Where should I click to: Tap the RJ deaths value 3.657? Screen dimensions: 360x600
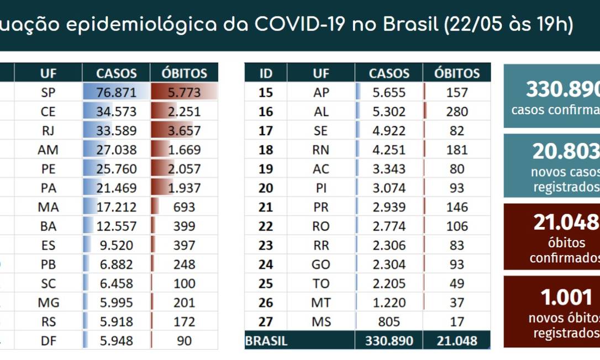point(185,131)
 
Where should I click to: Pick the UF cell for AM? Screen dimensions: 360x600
point(49,150)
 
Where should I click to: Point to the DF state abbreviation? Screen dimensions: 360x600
point(49,341)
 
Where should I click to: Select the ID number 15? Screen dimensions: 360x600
point(266,93)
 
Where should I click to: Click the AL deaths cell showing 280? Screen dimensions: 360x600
point(457,112)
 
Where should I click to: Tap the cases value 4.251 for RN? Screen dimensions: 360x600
point(389,150)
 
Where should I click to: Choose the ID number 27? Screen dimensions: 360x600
point(266,322)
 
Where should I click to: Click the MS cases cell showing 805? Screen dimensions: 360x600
point(389,322)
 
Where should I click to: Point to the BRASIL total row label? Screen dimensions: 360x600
point(266,341)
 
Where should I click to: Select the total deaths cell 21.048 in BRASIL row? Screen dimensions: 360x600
point(457,341)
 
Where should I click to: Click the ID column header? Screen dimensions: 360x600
point(266,73)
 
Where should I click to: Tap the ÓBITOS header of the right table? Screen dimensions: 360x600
point(457,73)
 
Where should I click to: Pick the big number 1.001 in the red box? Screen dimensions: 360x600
point(566,298)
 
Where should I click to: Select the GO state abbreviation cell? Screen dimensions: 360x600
point(321,264)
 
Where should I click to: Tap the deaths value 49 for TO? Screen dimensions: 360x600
point(457,284)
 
